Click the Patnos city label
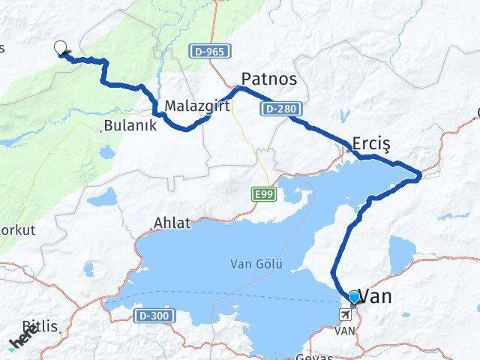(268, 79)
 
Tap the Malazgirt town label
(197, 106)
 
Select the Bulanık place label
(131, 126)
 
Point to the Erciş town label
(372, 143)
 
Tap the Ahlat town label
(172, 223)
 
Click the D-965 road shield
(205, 52)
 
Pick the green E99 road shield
(261, 194)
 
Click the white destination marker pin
(61, 48)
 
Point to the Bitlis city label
(40, 326)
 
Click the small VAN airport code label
(345, 330)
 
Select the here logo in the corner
(22, 339)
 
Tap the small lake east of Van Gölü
(400, 250)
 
